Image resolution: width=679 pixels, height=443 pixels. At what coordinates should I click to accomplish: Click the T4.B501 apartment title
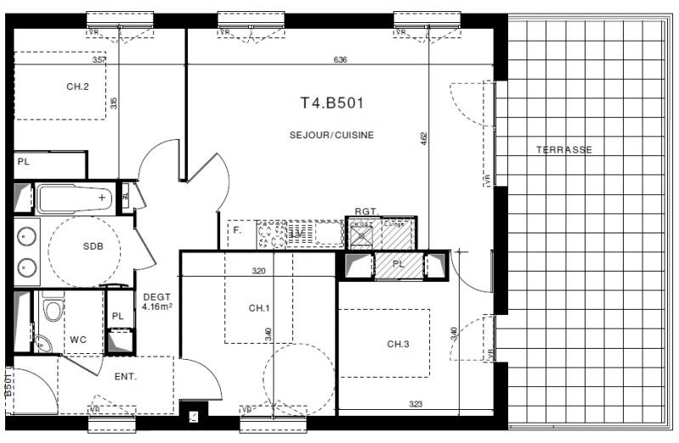point(332,104)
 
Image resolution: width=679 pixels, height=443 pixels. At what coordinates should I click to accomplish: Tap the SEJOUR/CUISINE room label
point(331,135)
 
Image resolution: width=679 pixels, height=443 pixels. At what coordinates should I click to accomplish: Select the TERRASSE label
point(563,149)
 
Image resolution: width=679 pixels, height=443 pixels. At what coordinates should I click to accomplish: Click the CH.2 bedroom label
point(78,87)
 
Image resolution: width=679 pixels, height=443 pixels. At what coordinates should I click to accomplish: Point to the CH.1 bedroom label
point(259,307)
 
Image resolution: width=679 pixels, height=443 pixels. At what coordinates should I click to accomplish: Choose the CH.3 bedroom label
point(399,344)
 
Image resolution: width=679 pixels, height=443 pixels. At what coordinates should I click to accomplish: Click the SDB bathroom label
point(93,246)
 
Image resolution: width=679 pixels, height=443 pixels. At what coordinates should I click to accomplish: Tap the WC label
point(78,339)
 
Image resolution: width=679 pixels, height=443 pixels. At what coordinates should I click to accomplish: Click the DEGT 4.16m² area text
point(157,301)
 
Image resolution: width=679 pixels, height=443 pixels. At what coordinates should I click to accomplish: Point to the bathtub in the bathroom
point(75,199)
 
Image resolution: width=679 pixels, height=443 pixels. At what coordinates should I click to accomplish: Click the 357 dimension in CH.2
point(99,60)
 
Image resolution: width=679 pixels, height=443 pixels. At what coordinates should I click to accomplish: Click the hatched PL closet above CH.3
point(398,265)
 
